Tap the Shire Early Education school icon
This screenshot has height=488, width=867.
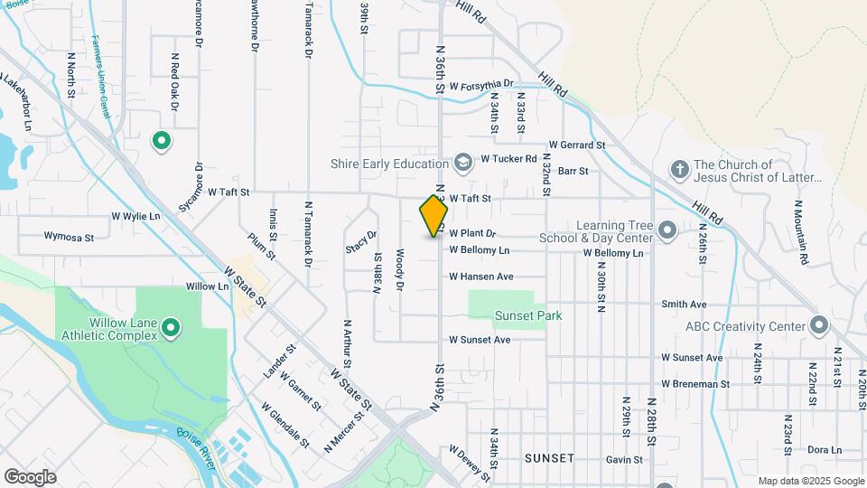pos(463,163)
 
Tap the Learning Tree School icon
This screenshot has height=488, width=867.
pos(667,230)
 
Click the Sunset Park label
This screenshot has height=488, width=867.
pos(528,315)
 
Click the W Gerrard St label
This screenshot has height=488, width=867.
pos(576,145)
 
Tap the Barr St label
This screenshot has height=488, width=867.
pos(573,170)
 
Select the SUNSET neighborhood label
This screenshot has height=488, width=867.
pos(548,458)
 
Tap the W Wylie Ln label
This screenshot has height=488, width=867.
pos(135,217)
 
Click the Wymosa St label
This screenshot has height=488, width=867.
pos(69,237)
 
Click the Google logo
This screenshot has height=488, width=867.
pos(30,476)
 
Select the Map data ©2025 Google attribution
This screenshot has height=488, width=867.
pos(811,481)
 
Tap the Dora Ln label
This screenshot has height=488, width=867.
pos(824,450)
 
